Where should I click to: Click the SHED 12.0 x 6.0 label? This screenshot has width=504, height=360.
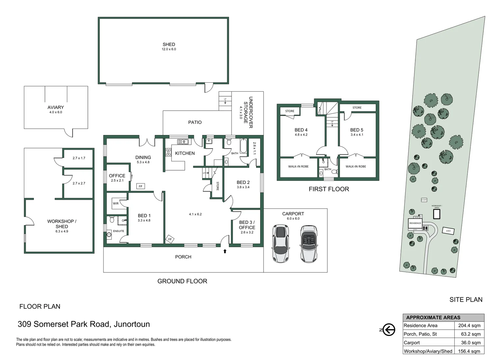point(169,46)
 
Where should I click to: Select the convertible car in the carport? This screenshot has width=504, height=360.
point(309,244)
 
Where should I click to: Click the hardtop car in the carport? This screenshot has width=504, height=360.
point(280,244)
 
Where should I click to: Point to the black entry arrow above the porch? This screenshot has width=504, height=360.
point(225,251)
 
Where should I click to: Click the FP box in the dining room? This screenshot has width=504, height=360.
point(141,186)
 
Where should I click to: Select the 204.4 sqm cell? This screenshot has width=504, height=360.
point(469,326)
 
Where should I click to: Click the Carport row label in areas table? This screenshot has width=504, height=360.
point(412,343)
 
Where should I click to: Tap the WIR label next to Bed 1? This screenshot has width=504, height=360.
point(116,203)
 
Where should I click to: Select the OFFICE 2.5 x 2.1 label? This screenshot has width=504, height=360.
point(117,177)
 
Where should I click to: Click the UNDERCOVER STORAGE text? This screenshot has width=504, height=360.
point(248,112)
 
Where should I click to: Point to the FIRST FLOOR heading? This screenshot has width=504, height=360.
point(328,189)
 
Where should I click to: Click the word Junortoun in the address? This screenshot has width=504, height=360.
point(132,324)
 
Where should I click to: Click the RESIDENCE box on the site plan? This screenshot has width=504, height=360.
point(415,223)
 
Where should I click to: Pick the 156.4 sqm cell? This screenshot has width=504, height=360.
point(469,351)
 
